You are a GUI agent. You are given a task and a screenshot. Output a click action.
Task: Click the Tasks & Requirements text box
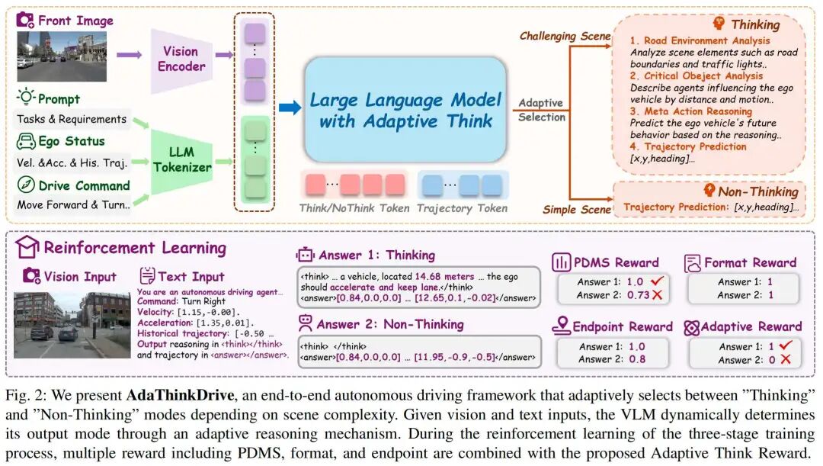tap(72, 119)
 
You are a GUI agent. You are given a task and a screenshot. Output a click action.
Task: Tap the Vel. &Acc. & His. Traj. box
tap(72, 162)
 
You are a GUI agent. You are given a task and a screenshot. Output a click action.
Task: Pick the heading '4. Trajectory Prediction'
tap(688, 146)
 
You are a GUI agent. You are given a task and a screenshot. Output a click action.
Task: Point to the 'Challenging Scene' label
tap(565, 36)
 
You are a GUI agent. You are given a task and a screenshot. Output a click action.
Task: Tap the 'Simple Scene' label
tap(576, 209)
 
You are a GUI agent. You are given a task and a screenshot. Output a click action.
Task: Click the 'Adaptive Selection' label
tap(542, 110)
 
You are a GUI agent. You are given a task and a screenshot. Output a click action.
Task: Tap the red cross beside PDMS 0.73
tap(655, 296)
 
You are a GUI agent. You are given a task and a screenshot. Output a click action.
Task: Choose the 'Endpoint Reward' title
tap(622, 327)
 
